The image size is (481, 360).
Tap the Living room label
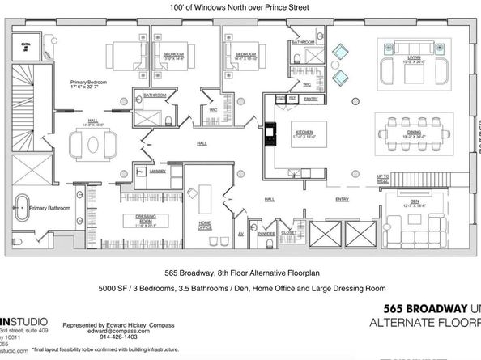point(414,57)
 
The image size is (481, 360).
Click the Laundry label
point(159,171)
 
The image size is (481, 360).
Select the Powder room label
point(266,233)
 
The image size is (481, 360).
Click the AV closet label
point(240,233)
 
